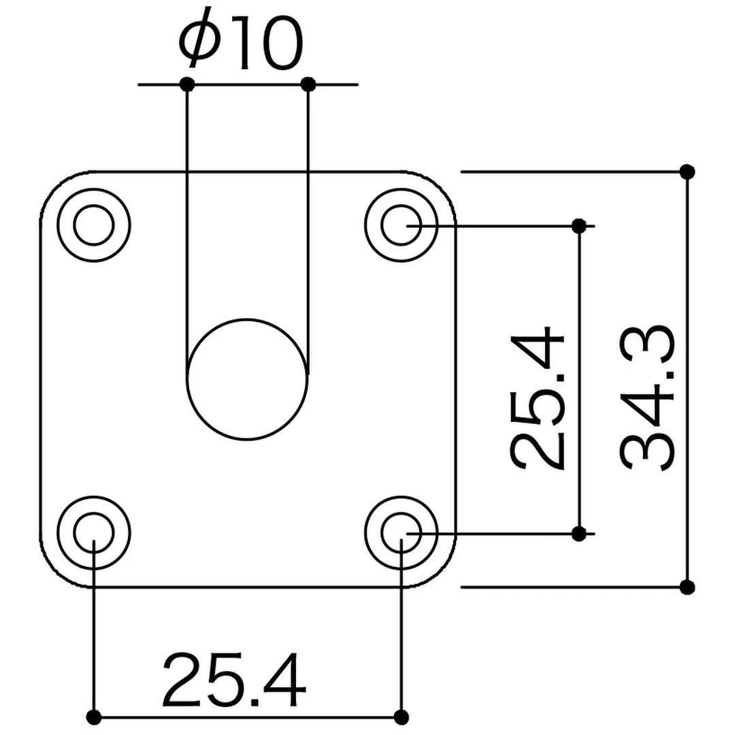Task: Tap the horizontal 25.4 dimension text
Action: (x=233, y=680)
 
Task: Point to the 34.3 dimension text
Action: (x=647, y=398)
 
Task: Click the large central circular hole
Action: (x=246, y=380)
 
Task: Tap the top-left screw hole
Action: (x=93, y=225)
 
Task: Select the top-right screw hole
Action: (x=400, y=225)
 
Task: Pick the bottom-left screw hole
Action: (x=93, y=532)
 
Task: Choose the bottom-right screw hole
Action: (x=400, y=532)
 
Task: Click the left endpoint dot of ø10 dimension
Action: (x=187, y=84)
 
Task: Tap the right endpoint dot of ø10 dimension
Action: (x=308, y=84)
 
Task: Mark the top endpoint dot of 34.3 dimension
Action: (x=687, y=171)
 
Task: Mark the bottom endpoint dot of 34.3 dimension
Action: (x=687, y=586)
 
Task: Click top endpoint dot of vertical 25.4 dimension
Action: (x=578, y=226)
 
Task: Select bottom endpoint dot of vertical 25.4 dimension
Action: (x=578, y=534)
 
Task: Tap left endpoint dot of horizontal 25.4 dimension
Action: (x=94, y=717)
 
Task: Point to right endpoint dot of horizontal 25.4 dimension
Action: (x=402, y=717)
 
